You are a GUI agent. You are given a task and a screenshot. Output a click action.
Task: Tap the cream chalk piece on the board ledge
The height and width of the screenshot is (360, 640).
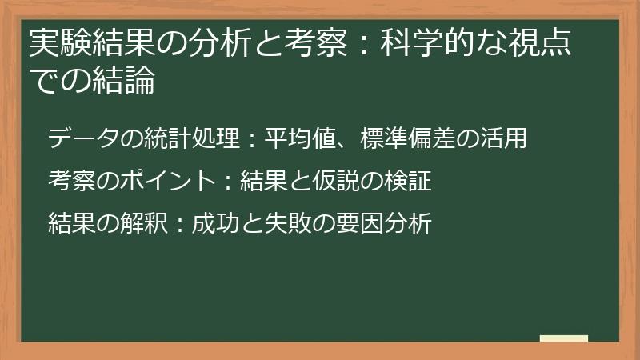click(x=563, y=338)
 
